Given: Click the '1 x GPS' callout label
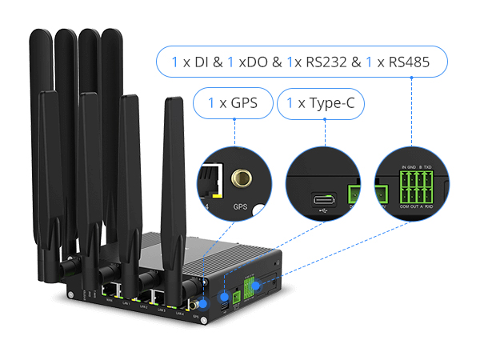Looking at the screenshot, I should click(233, 103).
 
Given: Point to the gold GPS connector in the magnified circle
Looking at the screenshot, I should click(239, 178).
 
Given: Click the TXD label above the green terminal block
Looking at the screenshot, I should click(429, 167).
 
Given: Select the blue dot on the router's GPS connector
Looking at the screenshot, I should click(202, 302).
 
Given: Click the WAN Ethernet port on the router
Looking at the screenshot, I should click(109, 290).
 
